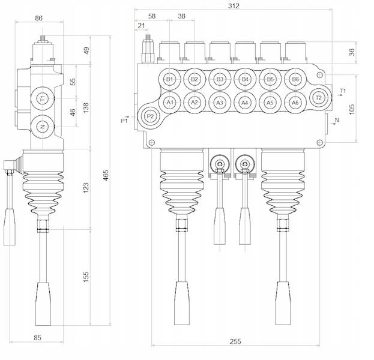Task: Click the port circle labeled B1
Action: coord(169,79)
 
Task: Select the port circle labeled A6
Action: coord(295,103)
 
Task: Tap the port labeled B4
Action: coord(244,79)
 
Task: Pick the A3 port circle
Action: coord(220,103)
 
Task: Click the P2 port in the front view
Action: coord(150,116)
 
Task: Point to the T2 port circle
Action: coord(319,98)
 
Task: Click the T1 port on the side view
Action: coord(42,98)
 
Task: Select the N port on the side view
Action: coord(42,127)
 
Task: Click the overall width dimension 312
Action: coord(234,6)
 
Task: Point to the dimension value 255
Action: coord(235,341)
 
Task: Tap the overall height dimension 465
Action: coord(106,175)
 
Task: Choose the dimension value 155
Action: coord(86,277)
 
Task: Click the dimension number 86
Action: coord(39,19)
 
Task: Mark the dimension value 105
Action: coord(352,109)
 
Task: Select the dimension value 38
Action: coord(182,17)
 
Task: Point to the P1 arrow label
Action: coord(124,121)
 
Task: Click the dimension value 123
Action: coord(86,188)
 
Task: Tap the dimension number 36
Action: coord(352,52)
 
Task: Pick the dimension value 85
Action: coord(38,338)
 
